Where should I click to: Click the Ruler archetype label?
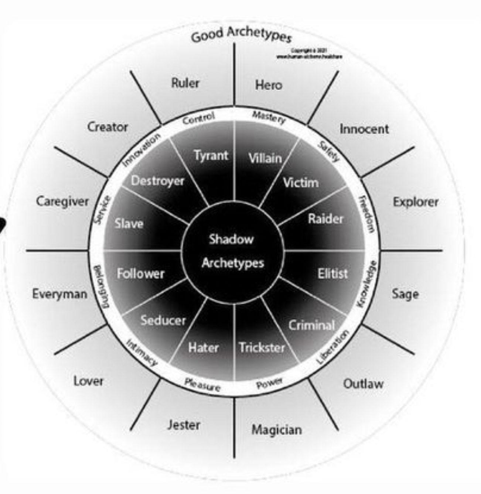tap(185, 83)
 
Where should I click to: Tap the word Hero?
tap(269, 85)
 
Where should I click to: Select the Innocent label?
tap(364, 129)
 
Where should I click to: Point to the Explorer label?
tap(415, 202)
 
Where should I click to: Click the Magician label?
tap(276, 429)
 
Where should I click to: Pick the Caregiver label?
tap(62, 202)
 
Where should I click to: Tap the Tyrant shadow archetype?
tap(211, 155)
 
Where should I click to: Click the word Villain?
tap(265, 158)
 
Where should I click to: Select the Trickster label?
tap(262, 347)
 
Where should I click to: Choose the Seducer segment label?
tap(163, 320)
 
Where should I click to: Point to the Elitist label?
tap(332, 274)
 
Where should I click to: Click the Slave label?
tap(129, 223)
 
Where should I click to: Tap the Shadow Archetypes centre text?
tap(232, 251)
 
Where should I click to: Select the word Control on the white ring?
tap(198, 119)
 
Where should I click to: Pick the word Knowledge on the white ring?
tap(367, 284)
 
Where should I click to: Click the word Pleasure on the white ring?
tap(202, 385)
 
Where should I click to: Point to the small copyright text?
tap(310, 54)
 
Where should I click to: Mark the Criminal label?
tap(311, 325)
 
